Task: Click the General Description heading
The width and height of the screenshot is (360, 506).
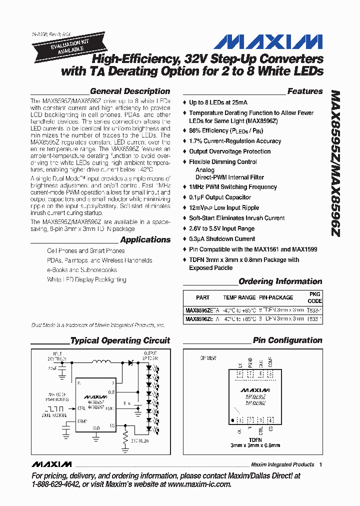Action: (x=129, y=91)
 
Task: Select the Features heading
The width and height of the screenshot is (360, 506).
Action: (x=304, y=91)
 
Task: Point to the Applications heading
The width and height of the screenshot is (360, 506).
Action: (x=145, y=239)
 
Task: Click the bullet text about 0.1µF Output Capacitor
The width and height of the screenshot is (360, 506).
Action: (x=220, y=197)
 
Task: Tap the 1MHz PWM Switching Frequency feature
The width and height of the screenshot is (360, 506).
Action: (x=232, y=186)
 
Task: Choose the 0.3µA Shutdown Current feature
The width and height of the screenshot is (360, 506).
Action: (x=222, y=239)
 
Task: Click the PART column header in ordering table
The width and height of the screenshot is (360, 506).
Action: (x=202, y=297)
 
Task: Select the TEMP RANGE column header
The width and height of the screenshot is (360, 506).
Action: (x=239, y=297)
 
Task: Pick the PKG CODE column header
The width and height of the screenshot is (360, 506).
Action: (x=314, y=297)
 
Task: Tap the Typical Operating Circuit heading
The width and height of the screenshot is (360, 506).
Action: (x=120, y=340)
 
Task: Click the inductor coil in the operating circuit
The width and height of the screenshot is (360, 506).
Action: (x=102, y=362)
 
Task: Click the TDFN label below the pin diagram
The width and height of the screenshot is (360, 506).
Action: (x=255, y=439)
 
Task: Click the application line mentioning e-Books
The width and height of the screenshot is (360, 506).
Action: (x=82, y=270)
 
